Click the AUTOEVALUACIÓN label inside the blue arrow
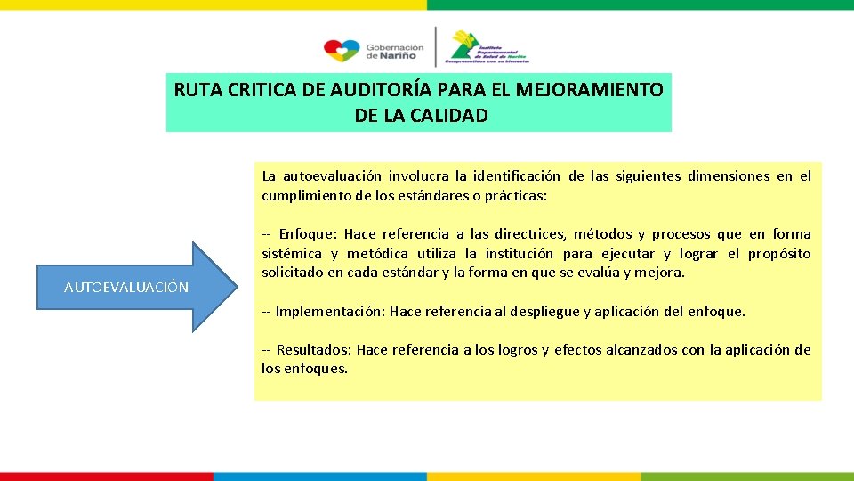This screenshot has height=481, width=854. point(126,287)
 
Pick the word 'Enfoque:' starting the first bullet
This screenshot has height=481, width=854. point(307,234)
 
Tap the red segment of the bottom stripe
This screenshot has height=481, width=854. point(107,477)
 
